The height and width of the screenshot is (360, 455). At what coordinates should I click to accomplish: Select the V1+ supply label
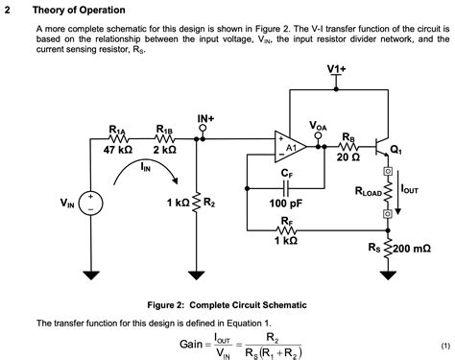(x=336, y=70)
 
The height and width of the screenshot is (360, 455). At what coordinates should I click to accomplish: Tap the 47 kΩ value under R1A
(x=118, y=150)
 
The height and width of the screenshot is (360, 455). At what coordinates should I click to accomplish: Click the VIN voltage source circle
(x=92, y=203)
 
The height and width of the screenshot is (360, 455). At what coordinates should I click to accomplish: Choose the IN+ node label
(x=205, y=119)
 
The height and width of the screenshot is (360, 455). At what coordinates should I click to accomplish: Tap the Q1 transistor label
(x=395, y=151)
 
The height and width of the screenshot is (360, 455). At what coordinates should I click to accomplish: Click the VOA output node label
(x=319, y=126)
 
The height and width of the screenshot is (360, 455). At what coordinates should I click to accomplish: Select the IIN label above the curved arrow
(x=144, y=166)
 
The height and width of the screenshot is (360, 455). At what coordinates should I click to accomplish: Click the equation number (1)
(x=444, y=344)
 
